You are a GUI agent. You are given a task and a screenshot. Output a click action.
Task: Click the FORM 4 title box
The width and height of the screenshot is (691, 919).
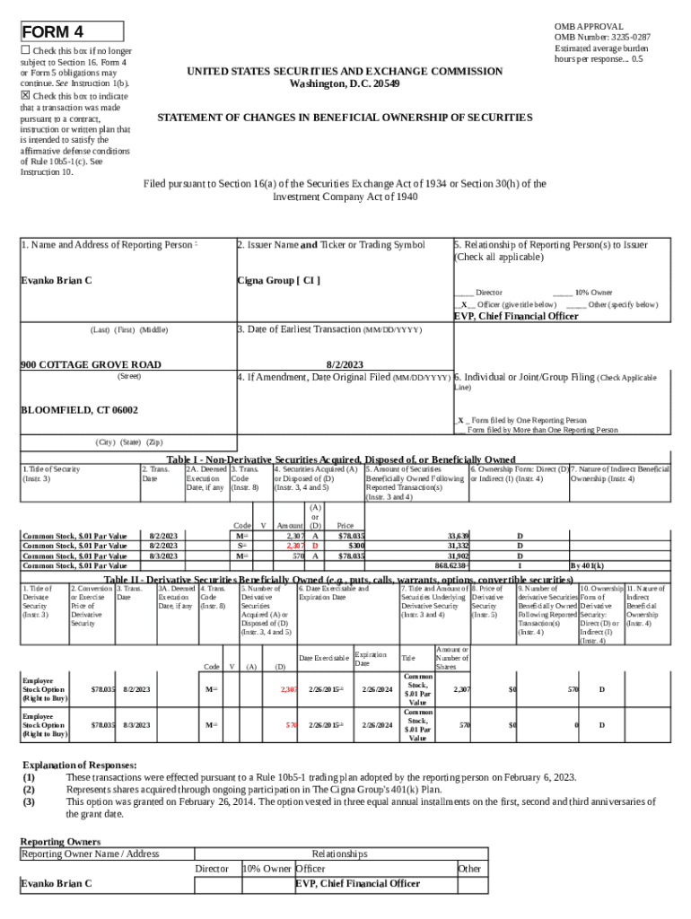[71, 33]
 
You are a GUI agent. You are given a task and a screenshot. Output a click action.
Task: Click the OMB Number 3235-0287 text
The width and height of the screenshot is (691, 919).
[602, 38]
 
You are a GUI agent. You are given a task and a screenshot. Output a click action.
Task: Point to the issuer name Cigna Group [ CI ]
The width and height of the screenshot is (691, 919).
[278, 281]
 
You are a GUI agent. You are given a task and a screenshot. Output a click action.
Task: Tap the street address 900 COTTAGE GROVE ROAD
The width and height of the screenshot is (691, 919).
[92, 364]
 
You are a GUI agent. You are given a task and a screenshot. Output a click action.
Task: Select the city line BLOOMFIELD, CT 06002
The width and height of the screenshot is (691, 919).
[79, 409]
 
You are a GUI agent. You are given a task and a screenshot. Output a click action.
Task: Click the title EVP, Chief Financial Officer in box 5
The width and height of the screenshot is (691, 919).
[516, 316]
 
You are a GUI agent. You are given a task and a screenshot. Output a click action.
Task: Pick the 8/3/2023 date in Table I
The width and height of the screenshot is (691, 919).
[163, 556]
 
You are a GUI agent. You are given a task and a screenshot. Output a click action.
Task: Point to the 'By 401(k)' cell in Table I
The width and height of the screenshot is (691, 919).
[585, 565]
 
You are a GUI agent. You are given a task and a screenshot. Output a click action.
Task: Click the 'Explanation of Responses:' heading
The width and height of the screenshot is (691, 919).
[79, 765]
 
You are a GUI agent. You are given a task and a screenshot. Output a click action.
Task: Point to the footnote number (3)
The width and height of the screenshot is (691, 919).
[30, 801]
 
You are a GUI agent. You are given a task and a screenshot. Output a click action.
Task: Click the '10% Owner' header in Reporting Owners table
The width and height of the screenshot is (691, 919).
[267, 869]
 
